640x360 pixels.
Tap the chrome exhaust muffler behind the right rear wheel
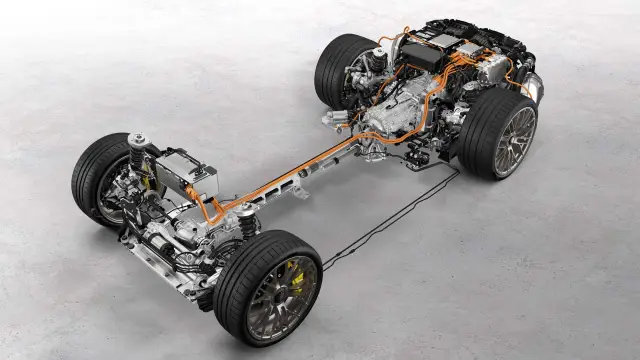[534, 90]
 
